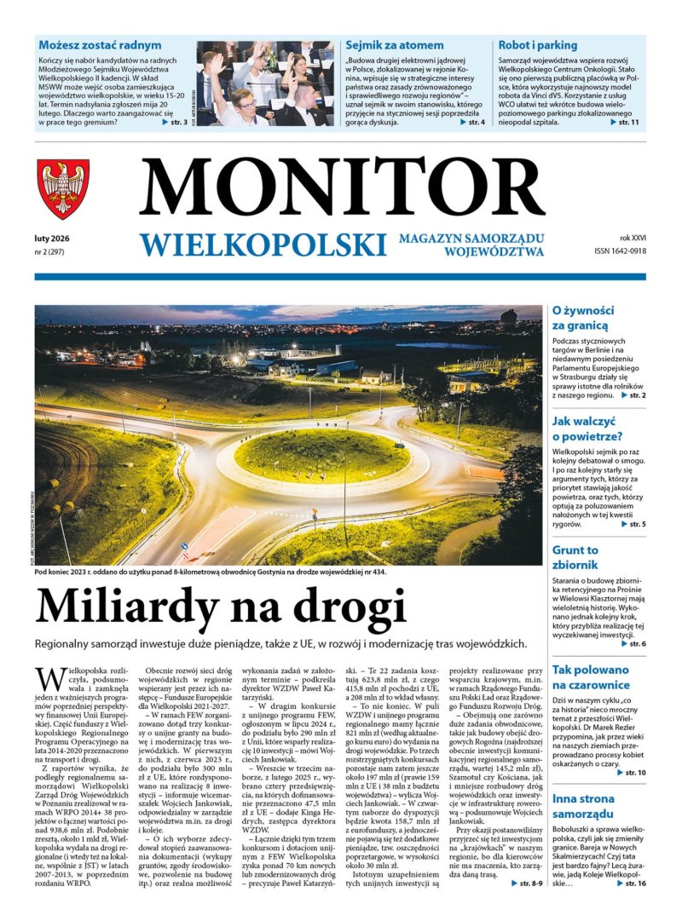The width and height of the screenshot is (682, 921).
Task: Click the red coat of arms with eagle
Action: pos(63,189)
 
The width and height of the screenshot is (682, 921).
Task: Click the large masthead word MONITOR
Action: pos(342,188)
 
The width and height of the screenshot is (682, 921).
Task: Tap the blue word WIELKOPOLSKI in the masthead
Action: pos(258,245)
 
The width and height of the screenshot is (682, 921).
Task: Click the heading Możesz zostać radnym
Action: pos(99,44)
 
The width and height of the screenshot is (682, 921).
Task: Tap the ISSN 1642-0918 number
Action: pos(620,251)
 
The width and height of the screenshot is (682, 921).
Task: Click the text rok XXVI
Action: pos(632,238)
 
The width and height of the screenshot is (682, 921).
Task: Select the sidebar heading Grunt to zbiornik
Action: pos(575,557)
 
